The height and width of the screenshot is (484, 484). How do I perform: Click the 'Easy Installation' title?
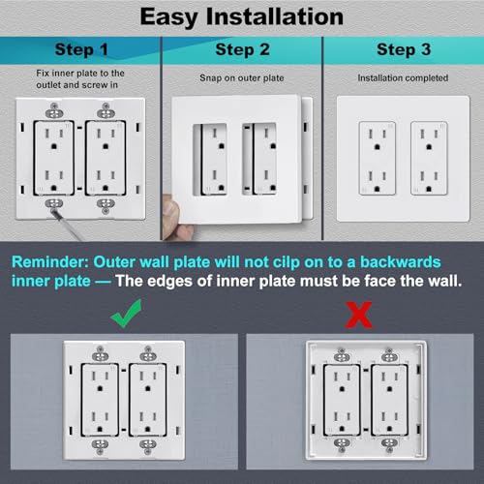click(242, 16)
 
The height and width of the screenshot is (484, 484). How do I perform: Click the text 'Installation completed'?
click(402, 77)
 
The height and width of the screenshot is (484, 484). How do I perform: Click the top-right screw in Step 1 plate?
click(106, 112)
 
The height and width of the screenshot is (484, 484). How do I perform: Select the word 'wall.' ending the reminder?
click(448, 282)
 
